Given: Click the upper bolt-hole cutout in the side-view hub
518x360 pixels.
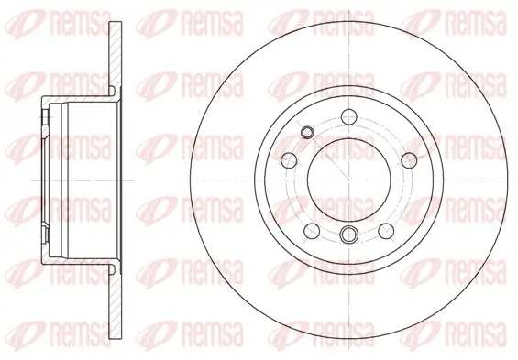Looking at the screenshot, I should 47,119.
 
